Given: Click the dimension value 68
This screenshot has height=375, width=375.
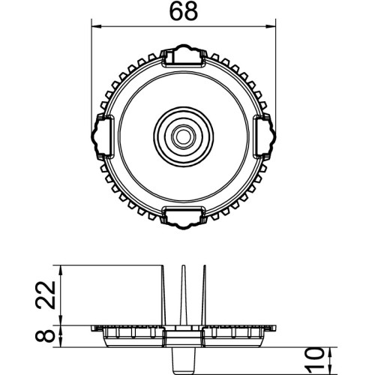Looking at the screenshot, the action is pos(184,11).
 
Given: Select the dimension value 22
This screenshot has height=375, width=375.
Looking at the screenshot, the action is pos(45,295).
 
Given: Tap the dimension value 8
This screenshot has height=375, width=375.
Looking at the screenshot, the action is pos(45,336).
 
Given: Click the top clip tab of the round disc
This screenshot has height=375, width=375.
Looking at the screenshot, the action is pos(184,55).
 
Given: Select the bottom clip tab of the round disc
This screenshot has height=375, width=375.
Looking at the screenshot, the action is pos(184,217).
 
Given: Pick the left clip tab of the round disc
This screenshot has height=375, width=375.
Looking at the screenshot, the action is pos(103,136).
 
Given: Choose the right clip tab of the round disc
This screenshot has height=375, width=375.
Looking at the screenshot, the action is pos(265,136).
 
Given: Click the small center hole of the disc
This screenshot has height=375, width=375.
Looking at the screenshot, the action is pos(184,136).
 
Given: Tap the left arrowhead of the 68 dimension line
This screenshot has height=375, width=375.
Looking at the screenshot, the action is pos(97,26).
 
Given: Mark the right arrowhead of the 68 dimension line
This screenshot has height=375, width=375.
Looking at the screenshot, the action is pos(271,26).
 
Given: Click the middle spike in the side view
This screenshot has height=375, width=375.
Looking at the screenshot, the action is pos(184,295).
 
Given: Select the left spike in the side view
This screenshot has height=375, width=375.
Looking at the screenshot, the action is pos(164,295).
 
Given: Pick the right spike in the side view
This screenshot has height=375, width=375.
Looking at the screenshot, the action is pos(204,295).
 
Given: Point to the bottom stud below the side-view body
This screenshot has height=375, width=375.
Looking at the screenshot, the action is pos(184,361).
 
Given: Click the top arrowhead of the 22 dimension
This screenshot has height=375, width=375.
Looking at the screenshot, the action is pos(61,270).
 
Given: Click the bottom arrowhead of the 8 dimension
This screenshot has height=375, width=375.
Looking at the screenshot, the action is pos(61,342).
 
